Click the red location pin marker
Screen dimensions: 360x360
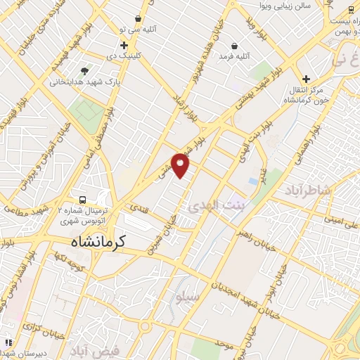tap(181, 165)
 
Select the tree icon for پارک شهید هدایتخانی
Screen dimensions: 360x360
tap(85, 70)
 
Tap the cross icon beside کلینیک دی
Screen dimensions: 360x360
tap(124, 45)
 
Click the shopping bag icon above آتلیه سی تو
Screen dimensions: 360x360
tap(139, 18)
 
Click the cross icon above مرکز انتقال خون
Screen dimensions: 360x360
tap(306, 79)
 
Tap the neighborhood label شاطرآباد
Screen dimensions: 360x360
tap(307, 189)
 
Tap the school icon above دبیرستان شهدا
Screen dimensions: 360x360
tap(9, 342)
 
